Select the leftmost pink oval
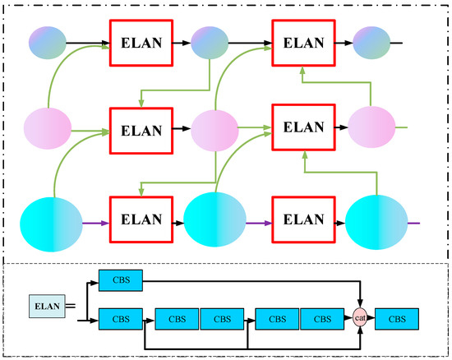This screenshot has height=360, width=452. click(x=48, y=129)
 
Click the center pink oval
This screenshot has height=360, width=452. click(x=214, y=129)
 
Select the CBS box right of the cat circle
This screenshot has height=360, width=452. click(x=397, y=317)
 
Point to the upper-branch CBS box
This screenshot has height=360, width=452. click(x=120, y=280)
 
